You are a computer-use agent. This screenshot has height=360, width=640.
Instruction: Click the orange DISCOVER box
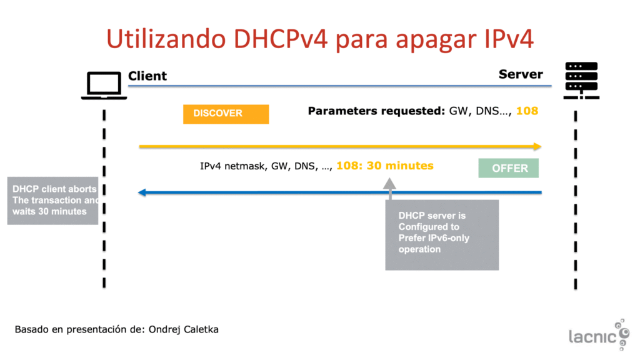click(x=226, y=114)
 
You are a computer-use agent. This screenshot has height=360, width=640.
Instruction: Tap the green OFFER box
click(x=508, y=167)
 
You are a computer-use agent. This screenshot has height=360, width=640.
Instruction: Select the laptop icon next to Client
click(x=104, y=85)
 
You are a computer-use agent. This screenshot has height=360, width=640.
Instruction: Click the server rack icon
click(x=581, y=81)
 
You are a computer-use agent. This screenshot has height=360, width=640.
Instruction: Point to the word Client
click(x=147, y=76)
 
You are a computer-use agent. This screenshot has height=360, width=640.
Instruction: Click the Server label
click(x=521, y=74)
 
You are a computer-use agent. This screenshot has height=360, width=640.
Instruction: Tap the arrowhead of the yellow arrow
click(x=537, y=146)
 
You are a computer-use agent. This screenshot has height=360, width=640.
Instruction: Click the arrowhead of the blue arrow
click(x=142, y=192)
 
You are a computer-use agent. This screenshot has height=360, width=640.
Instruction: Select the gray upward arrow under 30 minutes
click(x=390, y=189)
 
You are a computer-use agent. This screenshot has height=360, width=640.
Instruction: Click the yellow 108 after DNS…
click(x=527, y=111)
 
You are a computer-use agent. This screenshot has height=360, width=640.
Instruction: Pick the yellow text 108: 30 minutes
click(x=384, y=166)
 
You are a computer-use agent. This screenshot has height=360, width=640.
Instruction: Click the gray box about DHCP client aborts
click(x=52, y=201)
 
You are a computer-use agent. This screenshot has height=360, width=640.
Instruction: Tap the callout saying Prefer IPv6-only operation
click(x=442, y=235)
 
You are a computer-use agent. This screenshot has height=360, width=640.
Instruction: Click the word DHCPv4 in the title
click(x=281, y=39)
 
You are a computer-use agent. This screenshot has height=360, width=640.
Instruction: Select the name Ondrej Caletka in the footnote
click(x=183, y=329)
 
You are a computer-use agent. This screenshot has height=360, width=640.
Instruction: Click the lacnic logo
click(x=599, y=335)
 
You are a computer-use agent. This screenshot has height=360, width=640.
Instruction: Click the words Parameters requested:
click(x=376, y=111)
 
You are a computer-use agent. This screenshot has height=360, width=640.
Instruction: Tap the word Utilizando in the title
click(x=166, y=39)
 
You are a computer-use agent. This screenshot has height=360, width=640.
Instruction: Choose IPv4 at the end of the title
click(x=509, y=39)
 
